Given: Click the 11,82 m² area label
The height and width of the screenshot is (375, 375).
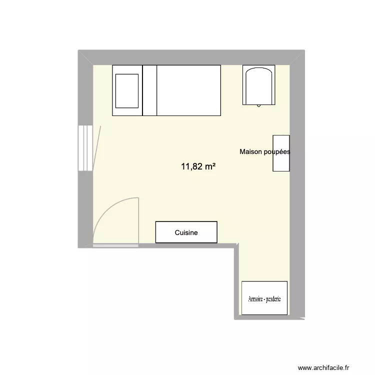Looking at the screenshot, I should pyautogui.click(x=198, y=166).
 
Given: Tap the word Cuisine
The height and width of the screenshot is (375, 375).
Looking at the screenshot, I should pyautogui.click(x=186, y=232).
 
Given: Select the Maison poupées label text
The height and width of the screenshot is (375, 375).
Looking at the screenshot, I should pyautogui.click(x=264, y=152).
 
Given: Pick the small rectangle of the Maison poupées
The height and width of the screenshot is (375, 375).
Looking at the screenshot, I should pyautogui.click(x=280, y=162).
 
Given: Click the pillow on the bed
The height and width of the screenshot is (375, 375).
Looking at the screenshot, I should pyautogui.click(x=127, y=90).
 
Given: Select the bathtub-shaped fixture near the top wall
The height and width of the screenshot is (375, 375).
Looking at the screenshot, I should pyautogui.click(x=258, y=86).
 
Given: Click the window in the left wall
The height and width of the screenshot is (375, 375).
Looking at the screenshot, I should pyautogui.click(x=85, y=148).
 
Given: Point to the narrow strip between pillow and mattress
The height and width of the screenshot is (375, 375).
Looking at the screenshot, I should pyautogui.click(x=150, y=90).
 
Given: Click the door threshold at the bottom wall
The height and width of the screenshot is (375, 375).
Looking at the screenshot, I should pyautogui.click(x=115, y=245).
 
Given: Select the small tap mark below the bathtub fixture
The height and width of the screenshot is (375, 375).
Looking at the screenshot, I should pyautogui.click(x=258, y=105).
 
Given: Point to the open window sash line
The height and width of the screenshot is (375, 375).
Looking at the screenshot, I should pyautogui.click(x=97, y=148).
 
